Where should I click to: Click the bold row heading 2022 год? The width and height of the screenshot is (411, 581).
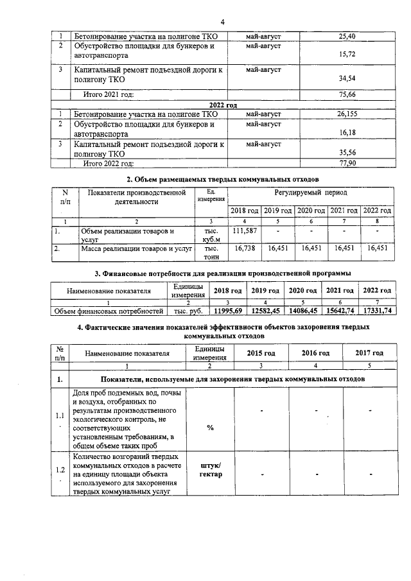(223, 104)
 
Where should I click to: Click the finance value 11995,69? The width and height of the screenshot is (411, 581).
(227, 311)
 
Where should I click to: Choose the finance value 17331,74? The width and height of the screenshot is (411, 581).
(377, 311)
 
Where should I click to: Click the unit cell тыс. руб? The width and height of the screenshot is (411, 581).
(189, 311)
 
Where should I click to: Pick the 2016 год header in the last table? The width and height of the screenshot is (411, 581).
(315, 353)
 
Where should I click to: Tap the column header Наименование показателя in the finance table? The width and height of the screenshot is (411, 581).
(109, 291)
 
